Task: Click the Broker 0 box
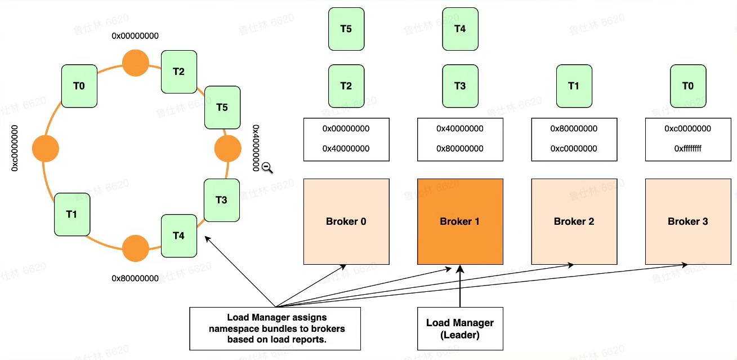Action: (346, 221)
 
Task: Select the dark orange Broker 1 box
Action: (460, 221)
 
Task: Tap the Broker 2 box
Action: (574, 221)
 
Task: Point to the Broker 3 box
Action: (687, 221)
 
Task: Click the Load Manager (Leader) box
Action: (460, 328)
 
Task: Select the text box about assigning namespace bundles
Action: (275, 328)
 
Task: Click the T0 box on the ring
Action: (79, 86)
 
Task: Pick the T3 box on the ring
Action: (221, 200)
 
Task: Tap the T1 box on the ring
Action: (72, 214)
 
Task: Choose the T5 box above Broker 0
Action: (346, 29)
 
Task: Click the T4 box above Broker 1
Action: (460, 29)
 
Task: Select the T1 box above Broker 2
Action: (574, 86)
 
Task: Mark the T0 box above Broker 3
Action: (687, 86)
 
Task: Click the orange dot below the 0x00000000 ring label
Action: (136, 63)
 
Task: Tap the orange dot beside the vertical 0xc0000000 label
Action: (46, 149)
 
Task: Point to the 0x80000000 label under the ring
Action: (135, 278)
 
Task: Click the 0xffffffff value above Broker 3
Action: (687, 149)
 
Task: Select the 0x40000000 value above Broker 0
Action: (346, 149)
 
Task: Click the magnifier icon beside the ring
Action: (267, 167)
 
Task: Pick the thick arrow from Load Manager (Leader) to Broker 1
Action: (460, 287)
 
